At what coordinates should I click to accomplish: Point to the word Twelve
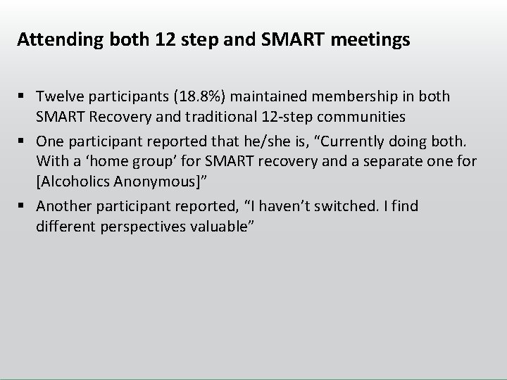coord(58,95)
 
